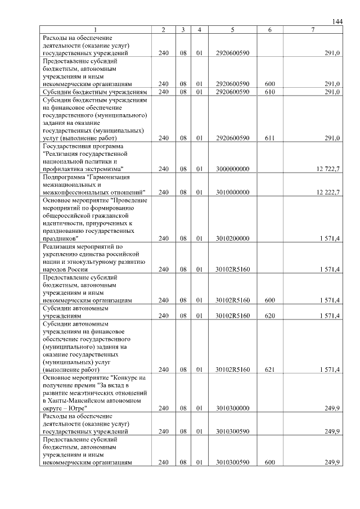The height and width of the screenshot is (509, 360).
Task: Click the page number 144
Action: click(337, 21)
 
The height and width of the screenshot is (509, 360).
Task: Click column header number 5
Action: click(232, 30)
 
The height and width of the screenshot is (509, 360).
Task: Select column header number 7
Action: click(312, 30)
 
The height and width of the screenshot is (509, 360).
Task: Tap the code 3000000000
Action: click(232, 169)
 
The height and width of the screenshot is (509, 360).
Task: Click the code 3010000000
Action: click(232, 192)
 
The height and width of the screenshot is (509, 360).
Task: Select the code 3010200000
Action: click(232, 238)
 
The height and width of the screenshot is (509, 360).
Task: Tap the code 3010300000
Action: click(232, 408)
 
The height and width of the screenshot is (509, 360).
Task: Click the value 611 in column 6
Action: click(269, 138)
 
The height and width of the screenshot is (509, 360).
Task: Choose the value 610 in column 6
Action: click(269, 92)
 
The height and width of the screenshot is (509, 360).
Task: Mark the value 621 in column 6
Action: click(269, 370)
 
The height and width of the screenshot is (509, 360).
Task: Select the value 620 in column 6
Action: click(269, 316)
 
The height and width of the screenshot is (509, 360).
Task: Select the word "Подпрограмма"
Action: click(63, 177)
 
